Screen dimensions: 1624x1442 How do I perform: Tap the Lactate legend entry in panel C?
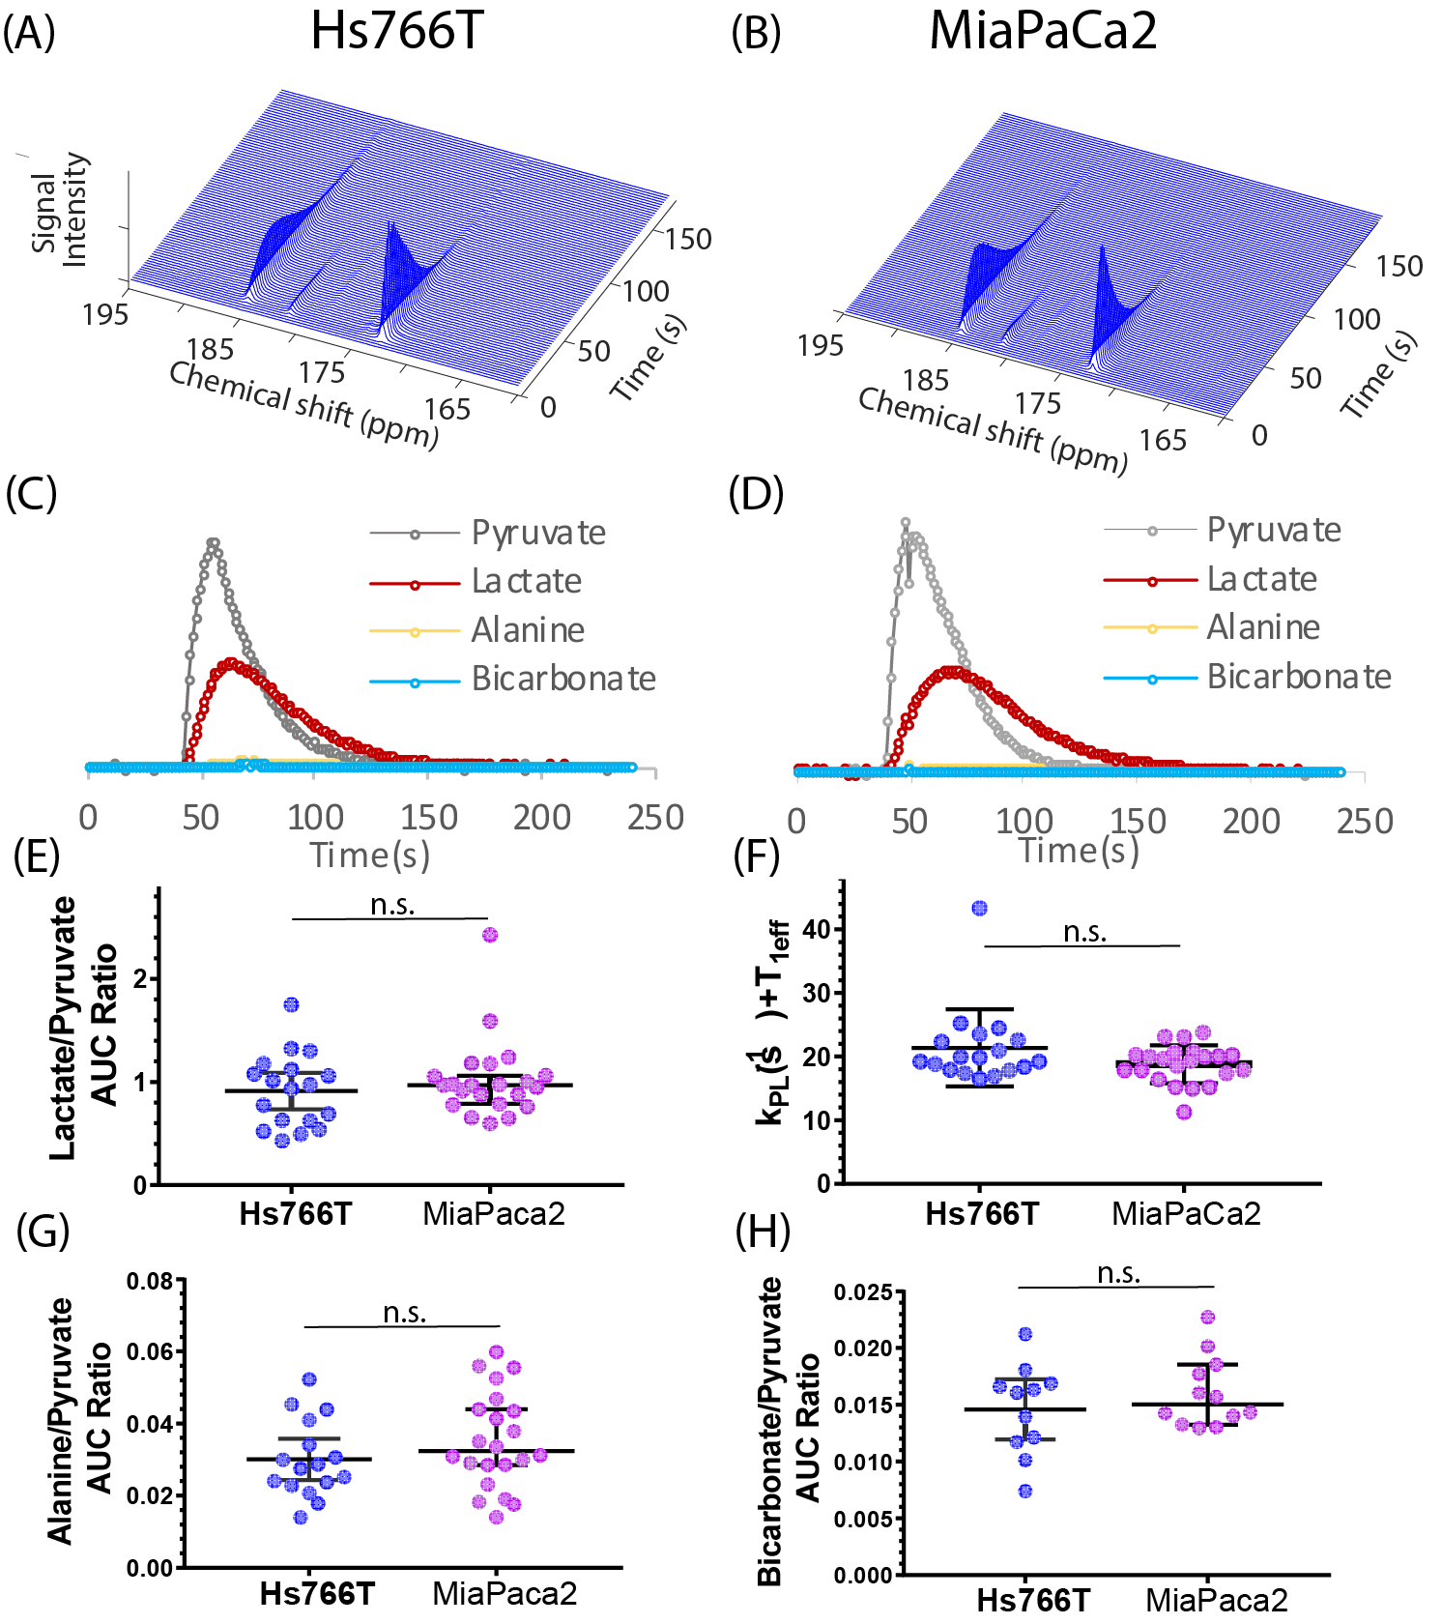tap(526, 581)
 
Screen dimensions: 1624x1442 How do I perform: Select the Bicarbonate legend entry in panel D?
tap(1299, 677)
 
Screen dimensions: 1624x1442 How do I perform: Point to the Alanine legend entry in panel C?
tap(528, 630)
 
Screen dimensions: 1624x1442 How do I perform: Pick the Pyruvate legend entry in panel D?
tap(1274, 530)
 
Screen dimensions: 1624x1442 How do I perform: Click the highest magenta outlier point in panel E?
tap(490, 935)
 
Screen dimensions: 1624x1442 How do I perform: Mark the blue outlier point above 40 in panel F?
tap(980, 908)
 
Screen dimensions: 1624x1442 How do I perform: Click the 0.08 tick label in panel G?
tap(150, 1282)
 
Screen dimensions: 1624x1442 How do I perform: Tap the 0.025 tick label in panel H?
tap(863, 1292)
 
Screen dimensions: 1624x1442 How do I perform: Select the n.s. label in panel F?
tap(1084, 931)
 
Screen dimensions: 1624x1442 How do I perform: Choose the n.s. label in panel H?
tap(1118, 1273)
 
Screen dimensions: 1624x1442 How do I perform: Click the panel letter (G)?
tap(43, 1232)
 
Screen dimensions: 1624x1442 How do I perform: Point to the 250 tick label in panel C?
tap(655, 818)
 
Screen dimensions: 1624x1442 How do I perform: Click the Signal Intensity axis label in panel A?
tap(60, 210)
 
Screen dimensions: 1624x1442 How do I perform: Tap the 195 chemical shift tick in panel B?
tap(820, 345)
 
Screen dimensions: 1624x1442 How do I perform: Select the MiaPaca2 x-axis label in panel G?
tap(504, 1593)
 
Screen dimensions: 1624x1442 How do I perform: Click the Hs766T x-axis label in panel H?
tap(1032, 1600)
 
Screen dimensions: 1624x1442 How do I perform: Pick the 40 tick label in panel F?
tap(817, 930)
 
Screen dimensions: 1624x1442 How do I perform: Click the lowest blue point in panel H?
tap(1025, 1491)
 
